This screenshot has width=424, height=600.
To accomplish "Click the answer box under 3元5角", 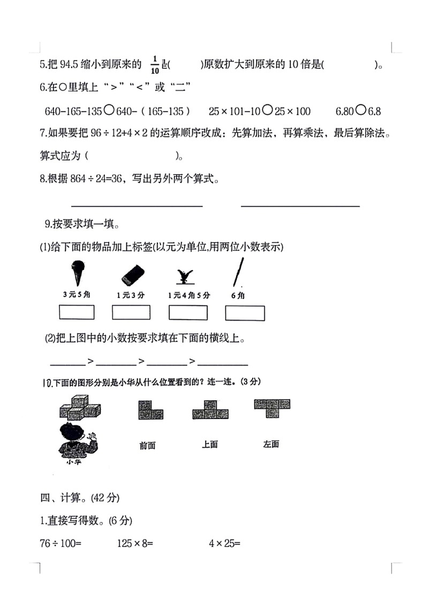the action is click(x=77, y=312).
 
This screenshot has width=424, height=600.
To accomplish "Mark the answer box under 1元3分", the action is click(x=131, y=312).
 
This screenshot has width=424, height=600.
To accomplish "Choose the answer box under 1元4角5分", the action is click(x=187, y=312).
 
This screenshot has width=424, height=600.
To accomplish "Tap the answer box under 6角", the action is click(x=245, y=313).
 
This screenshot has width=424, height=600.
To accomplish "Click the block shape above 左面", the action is click(x=272, y=407).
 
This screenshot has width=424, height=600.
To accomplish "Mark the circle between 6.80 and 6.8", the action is click(x=360, y=111).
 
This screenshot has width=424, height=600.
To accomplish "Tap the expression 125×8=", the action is click(x=135, y=544).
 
